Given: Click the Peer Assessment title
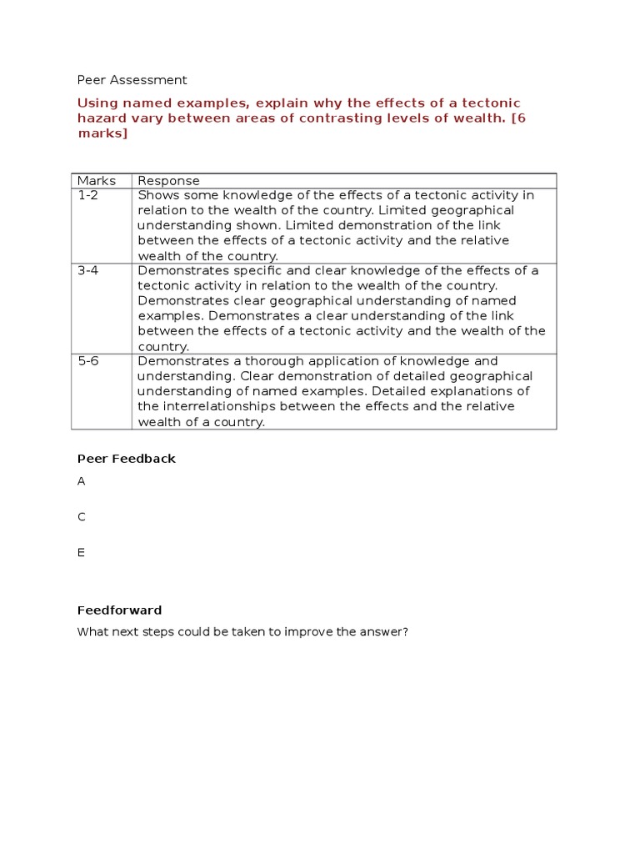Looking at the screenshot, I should (132, 80).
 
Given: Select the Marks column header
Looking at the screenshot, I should (96, 181).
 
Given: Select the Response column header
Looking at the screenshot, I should (168, 181).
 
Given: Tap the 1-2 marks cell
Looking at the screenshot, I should (87, 196).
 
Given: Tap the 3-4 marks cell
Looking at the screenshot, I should (87, 271).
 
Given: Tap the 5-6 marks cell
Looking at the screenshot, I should (87, 361).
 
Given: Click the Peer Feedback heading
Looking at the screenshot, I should (126, 459).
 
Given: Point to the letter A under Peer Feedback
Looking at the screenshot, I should (82, 481).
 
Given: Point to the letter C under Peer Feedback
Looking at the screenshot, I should (82, 517).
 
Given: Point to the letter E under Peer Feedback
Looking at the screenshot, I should (82, 552).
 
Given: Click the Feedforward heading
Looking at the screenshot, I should (119, 610).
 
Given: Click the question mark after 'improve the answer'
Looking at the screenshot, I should (405, 632).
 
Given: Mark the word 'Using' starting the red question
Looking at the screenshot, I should (95, 103).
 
